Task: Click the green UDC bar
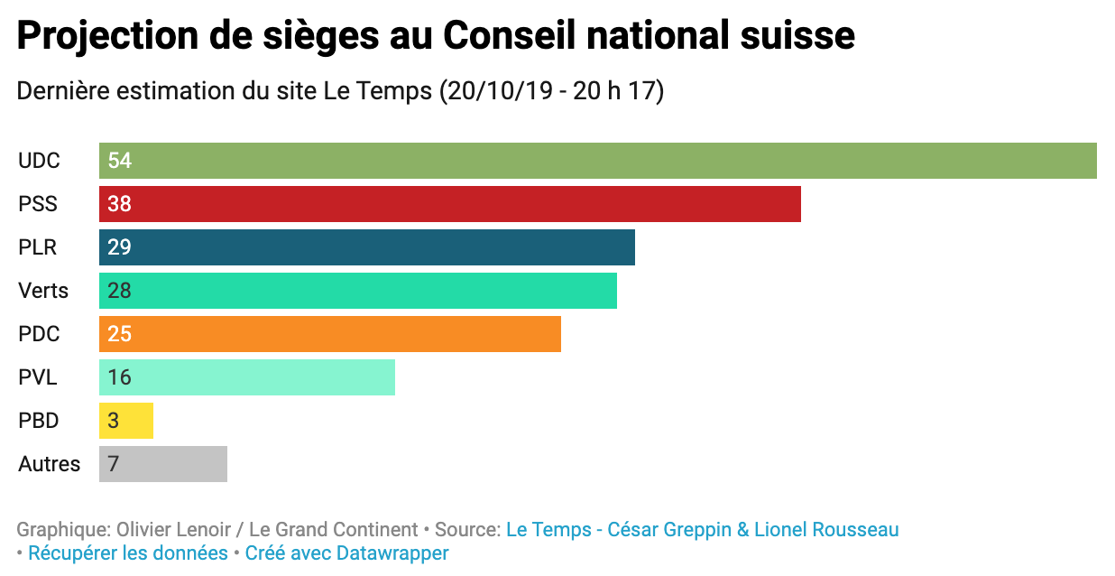pos(597,161)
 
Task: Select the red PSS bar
pos(449,204)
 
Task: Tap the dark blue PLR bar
pos(366,247)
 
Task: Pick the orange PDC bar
pos(329,334)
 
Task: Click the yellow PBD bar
pos(126,421)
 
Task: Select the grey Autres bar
pos(163,464)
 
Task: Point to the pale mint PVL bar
pos(246,377)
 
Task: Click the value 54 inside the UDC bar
pos(119,161)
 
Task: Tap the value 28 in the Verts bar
pos(119,291)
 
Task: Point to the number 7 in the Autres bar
pos(114,464)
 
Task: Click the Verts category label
pos(43,291)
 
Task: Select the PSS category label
pos(38,204)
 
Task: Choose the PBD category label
pos(39,421)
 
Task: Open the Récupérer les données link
pos(128,553)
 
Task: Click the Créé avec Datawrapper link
pos(346,553)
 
